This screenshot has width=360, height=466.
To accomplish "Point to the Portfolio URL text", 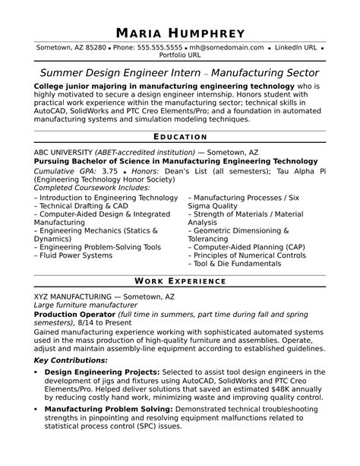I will click(x=180, y=55).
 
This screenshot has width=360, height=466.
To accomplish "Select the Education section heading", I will click(x=180, y=137).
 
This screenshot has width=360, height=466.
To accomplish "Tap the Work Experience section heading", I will click(x=180, y=281).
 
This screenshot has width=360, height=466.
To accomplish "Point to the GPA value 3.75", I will click(x=110, y=171).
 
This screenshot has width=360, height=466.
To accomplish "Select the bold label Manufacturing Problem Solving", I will click(x=106, y=408).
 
